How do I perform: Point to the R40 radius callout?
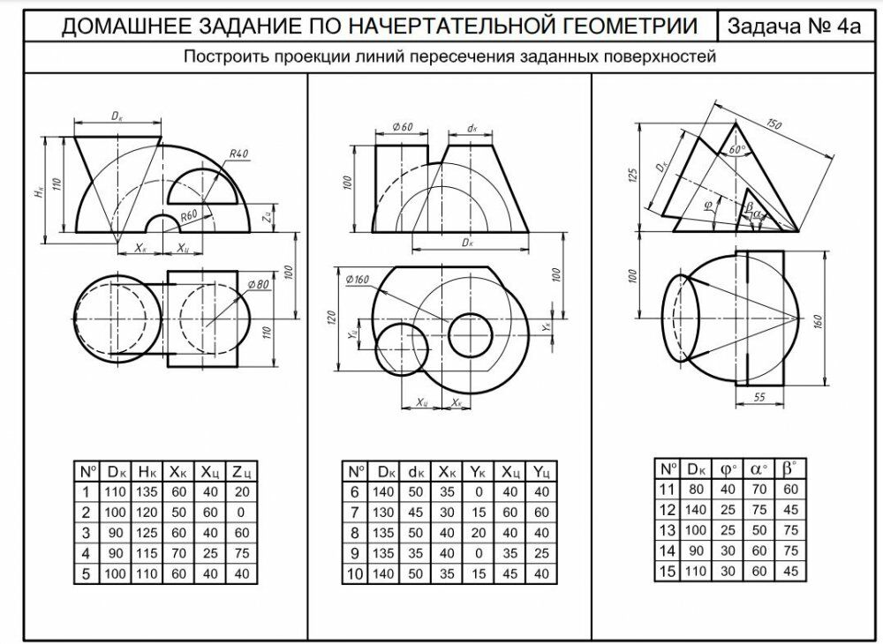click(x=238, y=154)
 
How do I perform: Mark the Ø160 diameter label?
click(x=358, y=280)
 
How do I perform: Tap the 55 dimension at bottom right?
click(x=759, y=400)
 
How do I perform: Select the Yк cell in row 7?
click(x=478, y=513)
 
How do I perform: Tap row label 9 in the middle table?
click(x=353, y=554)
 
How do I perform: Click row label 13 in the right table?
click(x=667, y=530)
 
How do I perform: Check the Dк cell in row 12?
click(x=697, y=509)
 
